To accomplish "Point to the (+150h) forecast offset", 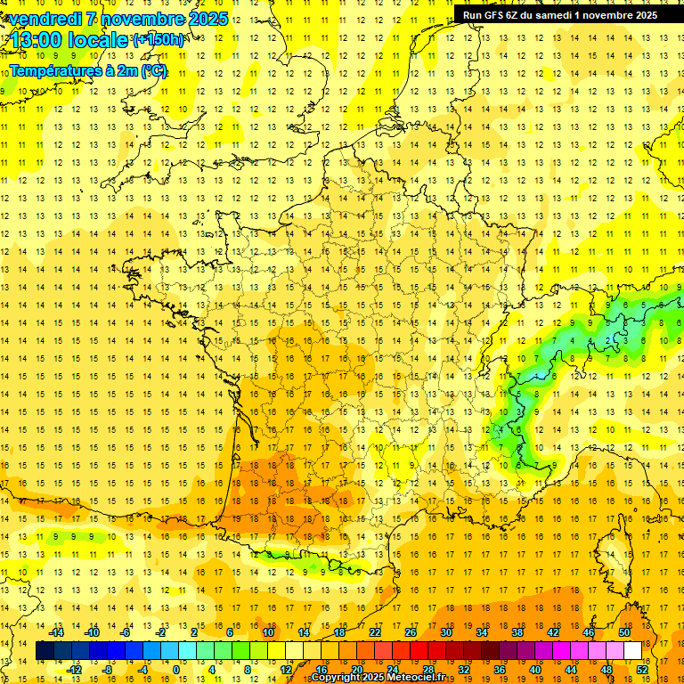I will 159,40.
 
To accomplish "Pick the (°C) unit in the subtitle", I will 153,70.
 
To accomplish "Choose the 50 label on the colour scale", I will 624,632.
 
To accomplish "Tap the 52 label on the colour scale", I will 642,670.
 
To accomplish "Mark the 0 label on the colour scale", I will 176,670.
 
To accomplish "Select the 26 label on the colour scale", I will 410,632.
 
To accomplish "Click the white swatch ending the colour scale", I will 633,651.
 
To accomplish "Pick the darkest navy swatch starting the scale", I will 45,651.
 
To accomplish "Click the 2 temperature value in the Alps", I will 607,340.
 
